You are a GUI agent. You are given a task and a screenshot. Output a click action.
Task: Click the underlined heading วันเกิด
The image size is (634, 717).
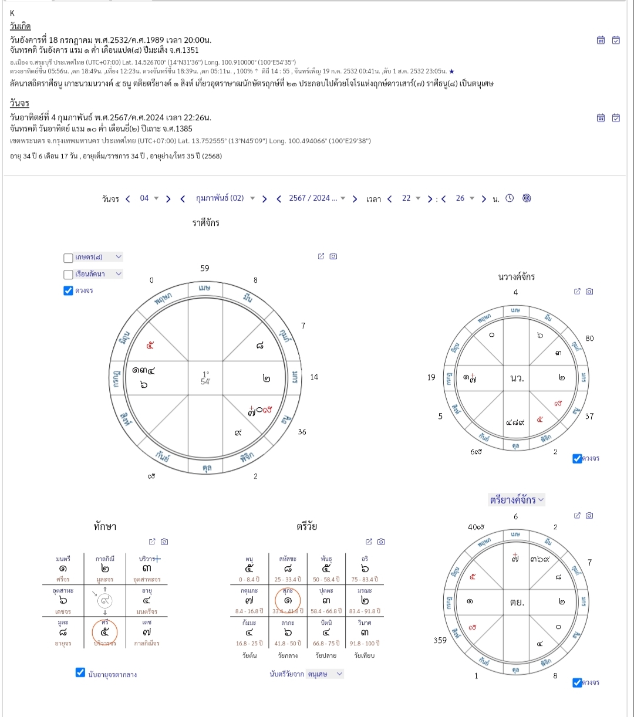pos(21,26)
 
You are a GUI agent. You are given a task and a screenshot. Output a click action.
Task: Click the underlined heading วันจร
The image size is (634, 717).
pos(19,103)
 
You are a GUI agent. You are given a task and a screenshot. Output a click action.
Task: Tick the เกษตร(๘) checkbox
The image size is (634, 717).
pos(68,258)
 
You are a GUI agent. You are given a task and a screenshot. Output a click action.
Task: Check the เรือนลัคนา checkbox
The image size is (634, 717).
pos(68,274)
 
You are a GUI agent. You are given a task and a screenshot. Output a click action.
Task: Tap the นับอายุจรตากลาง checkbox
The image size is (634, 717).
pos(81,673)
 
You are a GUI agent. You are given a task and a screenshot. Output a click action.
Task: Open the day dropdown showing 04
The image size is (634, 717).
pos(149,198)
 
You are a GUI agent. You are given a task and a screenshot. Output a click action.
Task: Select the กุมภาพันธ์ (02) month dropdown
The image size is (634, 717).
pos(225,198)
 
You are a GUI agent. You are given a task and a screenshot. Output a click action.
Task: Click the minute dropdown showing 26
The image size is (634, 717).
pos(464,198)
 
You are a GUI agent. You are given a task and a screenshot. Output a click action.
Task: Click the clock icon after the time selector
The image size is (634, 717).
pos(510,198)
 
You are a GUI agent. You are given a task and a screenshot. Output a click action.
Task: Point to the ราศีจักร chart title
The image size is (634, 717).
pos(206,223)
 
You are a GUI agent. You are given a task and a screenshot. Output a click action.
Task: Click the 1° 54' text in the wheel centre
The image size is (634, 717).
pos(205,378)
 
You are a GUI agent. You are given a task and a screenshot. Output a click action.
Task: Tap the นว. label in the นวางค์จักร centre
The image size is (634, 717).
pos(517,378)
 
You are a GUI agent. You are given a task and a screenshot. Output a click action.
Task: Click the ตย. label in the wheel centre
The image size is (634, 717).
pos(517,602)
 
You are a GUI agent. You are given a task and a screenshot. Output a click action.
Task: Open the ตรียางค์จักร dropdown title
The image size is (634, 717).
pos(517,500)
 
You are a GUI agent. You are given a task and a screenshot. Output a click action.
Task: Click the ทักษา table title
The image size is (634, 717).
pos(104,526)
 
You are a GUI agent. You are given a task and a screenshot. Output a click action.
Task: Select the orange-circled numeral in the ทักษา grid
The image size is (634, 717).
pos(105,632)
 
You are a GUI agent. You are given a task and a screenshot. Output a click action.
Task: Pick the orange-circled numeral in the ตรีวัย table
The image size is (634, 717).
pos(288,600)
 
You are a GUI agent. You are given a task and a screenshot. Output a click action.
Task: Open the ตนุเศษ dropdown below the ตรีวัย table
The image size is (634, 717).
pos(325,674)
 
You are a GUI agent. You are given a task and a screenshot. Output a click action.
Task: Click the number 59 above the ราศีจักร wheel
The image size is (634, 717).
pos(204,268)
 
